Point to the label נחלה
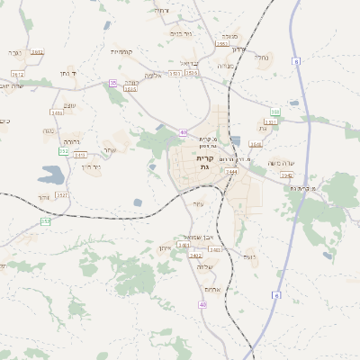(x=262, y=58)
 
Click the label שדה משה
(x=282, y=163)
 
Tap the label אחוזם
(x=212, y=289)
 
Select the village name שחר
(x=110, y=149)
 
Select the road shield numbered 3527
(x=61, y=193)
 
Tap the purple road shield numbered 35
(x=113, y=82)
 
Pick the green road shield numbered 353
(x=44, y=220)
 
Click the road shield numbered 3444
(x=231, y=171)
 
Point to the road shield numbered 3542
(x=286, y=175)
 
